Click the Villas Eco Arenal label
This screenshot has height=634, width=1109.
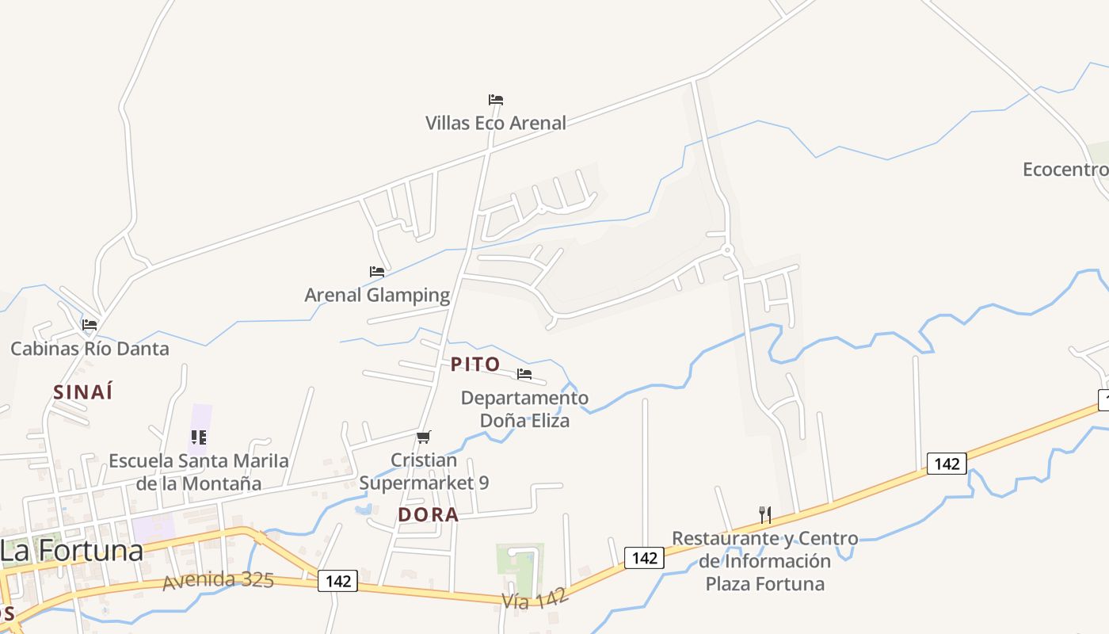pyautogui.click(x=496, y=123)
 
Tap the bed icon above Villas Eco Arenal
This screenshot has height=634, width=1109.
pyautogui.click(x=496, y=100)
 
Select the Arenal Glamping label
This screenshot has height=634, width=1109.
pyautogui.click(x=377, y=295)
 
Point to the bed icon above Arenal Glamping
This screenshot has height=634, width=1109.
pyautogui.click(x=377, y=272)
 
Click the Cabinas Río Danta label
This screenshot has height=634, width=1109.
pyautogui.click(x=90, y=348)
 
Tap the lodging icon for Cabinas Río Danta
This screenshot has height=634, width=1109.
pyautogui.click(x=90, y=325)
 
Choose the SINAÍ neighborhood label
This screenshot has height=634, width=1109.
pyautogui.click(x=83, y=391)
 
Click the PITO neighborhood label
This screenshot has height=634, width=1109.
pyautogui.click(x=475, y=364)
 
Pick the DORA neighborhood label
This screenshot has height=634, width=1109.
pyautogui.click(x=428, y=514)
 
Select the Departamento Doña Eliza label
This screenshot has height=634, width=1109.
pyautogui.click(x=524, y=409)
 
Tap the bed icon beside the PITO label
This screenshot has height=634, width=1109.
pyautogui.click(x=524, y=374)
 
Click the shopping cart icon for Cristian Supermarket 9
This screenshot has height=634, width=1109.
pyautogui.click(x=424, y=437)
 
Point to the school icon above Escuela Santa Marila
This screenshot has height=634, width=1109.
pyautogui.click(x=199, y=437)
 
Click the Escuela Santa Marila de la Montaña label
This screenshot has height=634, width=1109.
pyautogui.click(x=199, y=472)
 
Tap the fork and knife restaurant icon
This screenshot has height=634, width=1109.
pyautogui.click(x=765, y=515)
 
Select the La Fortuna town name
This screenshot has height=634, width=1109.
pyautogui.click(x=72, y=550)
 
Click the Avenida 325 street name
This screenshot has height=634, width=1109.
pyautogui.click(x=218, y=580)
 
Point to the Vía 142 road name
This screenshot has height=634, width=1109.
pyautogui.click(x=535, y=598)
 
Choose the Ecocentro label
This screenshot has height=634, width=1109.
pyautogui.click(x=1065, y=169)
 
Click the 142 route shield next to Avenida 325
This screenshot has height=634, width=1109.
pyautogui.click(x=337, y=581)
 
